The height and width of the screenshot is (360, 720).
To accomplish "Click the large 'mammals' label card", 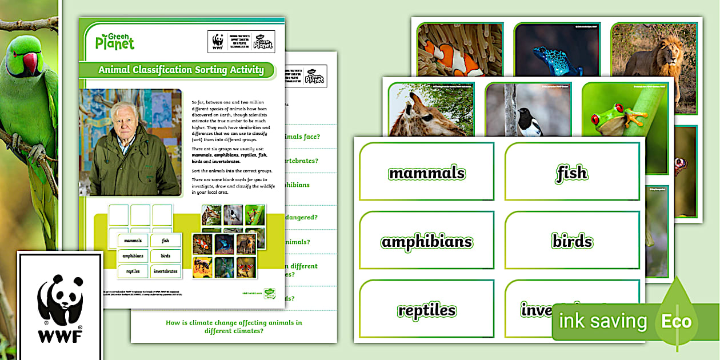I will tap(426, 173).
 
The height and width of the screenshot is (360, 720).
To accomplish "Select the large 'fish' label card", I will tap(571, 173).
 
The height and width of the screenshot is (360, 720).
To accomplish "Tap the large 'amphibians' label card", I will tap(426, 242).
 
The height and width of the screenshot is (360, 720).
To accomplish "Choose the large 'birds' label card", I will tap(571, 242).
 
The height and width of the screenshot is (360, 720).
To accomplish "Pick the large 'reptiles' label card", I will tap(426, 310).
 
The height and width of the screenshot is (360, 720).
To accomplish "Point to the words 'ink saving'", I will tap(602, 321).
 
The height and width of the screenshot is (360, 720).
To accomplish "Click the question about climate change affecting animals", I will tap(234, 327).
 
